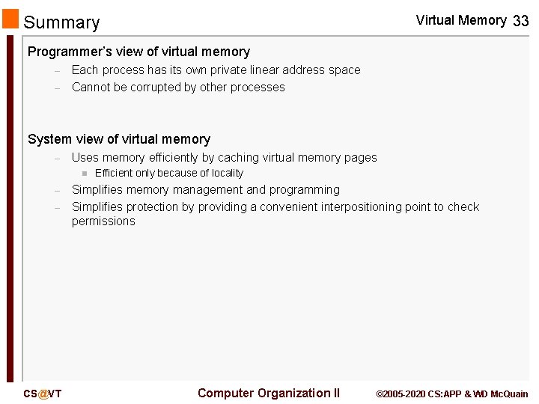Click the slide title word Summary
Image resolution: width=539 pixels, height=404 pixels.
(61, 22)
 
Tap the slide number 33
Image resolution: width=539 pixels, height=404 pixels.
(520, 22)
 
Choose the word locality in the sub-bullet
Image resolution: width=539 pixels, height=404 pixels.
(222, 173)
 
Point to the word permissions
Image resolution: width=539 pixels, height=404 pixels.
(103, 221)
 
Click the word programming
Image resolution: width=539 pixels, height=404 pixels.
(304, 190)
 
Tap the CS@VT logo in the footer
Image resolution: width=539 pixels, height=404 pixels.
(42, 394)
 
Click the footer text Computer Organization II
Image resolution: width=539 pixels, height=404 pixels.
(268, 393)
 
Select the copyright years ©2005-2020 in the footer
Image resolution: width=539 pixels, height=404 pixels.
(400, 394)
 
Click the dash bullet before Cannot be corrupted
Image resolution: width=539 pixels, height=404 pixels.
(57, 88)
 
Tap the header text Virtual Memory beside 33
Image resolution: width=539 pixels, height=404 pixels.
(460, 20)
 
